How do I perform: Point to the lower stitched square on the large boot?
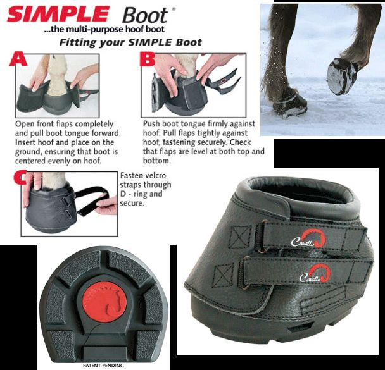(x=225, y=275)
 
